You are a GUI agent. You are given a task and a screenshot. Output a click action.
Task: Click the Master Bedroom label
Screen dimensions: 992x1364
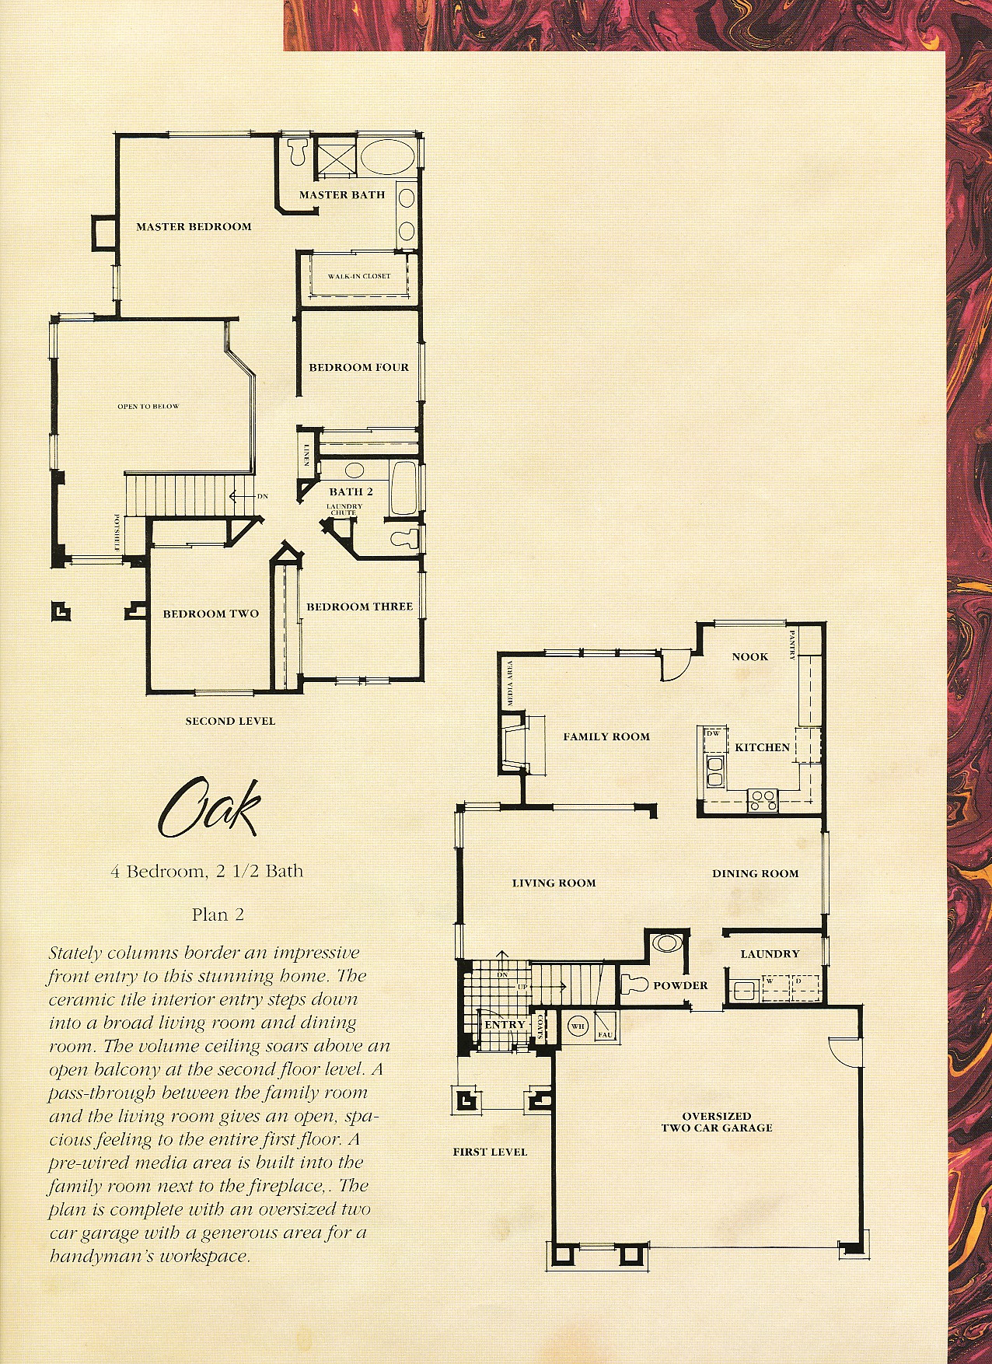[194, 227]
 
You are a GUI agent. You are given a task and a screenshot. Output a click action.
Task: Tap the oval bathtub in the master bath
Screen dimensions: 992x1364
[389, 157]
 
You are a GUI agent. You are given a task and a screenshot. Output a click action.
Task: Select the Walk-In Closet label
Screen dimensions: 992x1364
[359, 276]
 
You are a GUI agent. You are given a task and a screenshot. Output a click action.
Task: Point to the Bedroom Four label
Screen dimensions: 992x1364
[358, 367]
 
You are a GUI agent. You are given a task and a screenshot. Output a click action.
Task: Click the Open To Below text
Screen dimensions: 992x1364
[148, 407]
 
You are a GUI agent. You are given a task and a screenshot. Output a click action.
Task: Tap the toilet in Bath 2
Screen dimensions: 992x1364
[403, 537]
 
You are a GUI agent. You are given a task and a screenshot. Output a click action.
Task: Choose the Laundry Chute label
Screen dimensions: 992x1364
[344, 509]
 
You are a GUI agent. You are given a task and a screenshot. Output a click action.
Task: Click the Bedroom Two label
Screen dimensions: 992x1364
[211, 614]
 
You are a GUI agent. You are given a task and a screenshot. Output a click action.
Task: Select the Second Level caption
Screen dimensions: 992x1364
[230, 721]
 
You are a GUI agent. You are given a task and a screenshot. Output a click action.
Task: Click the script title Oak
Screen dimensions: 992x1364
[208, 808]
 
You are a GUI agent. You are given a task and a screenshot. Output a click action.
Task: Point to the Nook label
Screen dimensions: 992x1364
[749, 657]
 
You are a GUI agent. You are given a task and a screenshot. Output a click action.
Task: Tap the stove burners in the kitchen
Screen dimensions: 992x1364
[763, 800]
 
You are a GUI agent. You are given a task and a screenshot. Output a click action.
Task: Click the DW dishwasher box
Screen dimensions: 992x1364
[714, 733]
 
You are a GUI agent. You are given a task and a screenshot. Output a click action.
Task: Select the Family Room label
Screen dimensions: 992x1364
[606, 736]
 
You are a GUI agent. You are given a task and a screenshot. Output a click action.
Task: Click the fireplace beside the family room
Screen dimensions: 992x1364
[514, 744]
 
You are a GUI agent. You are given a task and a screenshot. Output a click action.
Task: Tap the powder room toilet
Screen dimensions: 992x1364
[634, 984]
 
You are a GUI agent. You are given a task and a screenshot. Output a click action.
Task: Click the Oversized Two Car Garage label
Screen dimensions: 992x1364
[717, 1121]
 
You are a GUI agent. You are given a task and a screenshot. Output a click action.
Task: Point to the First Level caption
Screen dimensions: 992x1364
[490, 1152]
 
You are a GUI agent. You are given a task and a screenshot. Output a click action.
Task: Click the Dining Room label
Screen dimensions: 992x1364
[756, 873]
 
